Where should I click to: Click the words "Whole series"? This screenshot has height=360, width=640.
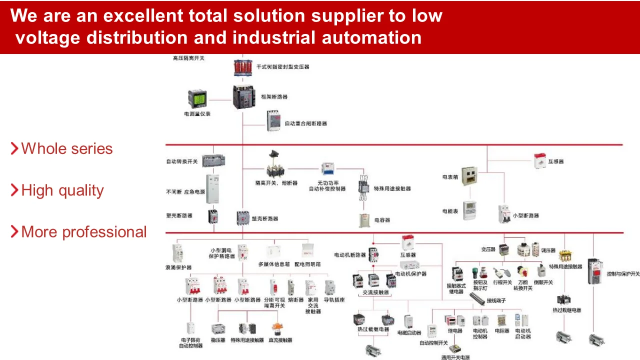(x=67, y=148)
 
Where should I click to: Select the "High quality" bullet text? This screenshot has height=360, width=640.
(x=62, y=190)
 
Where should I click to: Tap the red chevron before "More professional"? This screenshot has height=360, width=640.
(x=14, y=231)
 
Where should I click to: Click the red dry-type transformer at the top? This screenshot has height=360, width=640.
(x=244, y=67)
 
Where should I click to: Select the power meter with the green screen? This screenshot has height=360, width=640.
(x=197, y=98)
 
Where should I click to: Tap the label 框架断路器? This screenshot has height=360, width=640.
(x=274, y=97)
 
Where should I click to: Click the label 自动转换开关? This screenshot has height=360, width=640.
(x=182, y=161)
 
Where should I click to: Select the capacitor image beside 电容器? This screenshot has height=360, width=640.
(x=364, y=220)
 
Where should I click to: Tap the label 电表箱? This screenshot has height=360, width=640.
(x=451, y=177)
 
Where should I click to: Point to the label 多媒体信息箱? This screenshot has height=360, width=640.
(x=274, y=264)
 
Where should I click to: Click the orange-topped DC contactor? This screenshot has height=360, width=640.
(x=277, y=328)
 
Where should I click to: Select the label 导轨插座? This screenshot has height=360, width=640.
(x=334, y=300)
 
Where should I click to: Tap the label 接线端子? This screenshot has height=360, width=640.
(x=496, y=301)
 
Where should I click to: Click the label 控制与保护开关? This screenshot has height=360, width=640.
(x=623, y=274)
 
